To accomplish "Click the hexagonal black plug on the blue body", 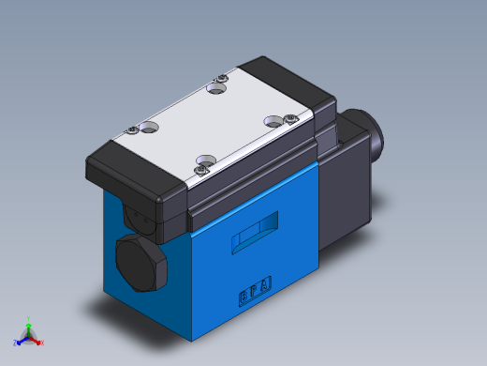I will click(x=141, y=264).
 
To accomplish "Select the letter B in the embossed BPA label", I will click(x=243, y=294).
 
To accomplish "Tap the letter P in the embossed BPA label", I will click(x=255, y=288).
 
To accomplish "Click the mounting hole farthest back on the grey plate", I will click(x=216, y=89).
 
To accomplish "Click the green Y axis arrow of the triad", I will click(x=29, y=322).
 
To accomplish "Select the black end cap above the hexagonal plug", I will click(x=136, y=188).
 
